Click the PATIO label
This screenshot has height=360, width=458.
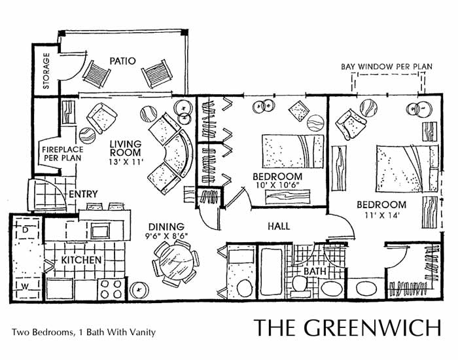pyautogui.click(x=122, y=61)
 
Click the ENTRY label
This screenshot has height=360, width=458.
pyautogui.click(x=82, y=194)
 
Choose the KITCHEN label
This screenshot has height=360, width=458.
pyautogui.click(x=81, y=261)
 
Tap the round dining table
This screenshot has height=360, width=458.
pyautogui.click(x=174, y=261)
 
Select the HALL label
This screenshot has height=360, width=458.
pyautogui.click(x=279, y=226)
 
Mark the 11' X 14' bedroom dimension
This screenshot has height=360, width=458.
pyautogui.click(x=379, y=215)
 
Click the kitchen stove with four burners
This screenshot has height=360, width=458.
pyautogui.click(x=109, y=287)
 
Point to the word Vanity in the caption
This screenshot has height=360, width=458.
pyautogui.click(x=142, y=332)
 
